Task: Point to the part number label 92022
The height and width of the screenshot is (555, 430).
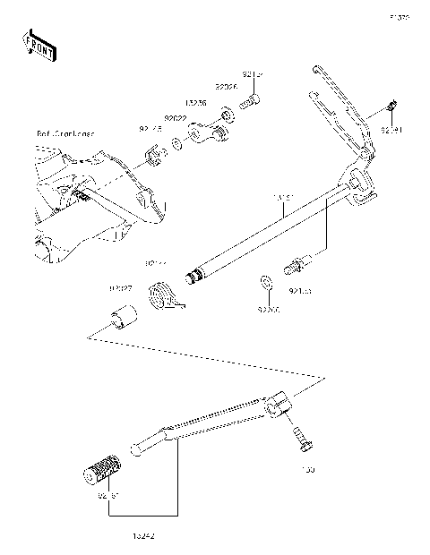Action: point(175,118)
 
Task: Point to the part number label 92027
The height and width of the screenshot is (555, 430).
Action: point(121,289)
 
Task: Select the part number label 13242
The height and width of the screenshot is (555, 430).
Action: point(143,535)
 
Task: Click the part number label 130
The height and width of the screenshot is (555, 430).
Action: point(307,468)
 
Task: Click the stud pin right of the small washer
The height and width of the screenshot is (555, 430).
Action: point(297,265)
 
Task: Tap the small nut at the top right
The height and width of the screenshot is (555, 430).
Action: point(391,109)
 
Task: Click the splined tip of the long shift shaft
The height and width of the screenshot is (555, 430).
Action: point(190,276)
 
